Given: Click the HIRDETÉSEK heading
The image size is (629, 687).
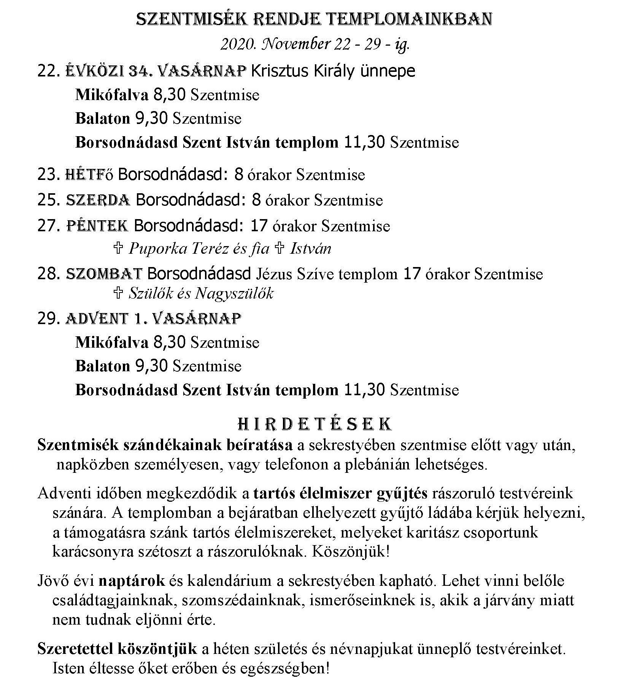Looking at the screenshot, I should click(x=314, y=425).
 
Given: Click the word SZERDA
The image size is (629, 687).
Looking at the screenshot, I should click(x=98, y=200).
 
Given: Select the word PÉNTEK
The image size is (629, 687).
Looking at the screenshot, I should click(x=97, y=226).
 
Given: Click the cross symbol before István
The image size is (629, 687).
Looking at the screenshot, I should click(x=280, y=248).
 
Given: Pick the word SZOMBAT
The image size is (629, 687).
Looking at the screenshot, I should click(x=104, y=274).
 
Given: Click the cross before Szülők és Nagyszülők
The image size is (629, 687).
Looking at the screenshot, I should click(x=118, y=293).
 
